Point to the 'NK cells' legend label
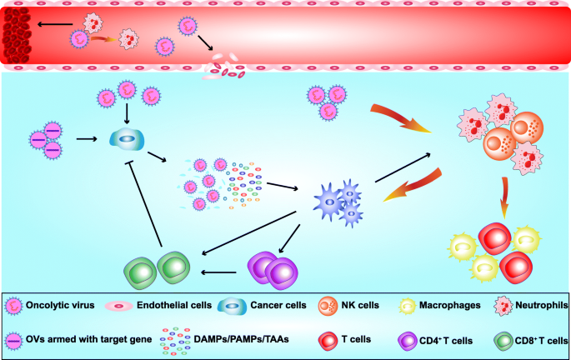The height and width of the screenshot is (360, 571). (359, 306)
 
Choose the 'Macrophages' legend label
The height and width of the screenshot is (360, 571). (452, 306)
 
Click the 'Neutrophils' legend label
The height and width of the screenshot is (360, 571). (538, 306)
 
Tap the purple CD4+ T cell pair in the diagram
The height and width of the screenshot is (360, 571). (274, 271)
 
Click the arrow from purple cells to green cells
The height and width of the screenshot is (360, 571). (222, 272)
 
